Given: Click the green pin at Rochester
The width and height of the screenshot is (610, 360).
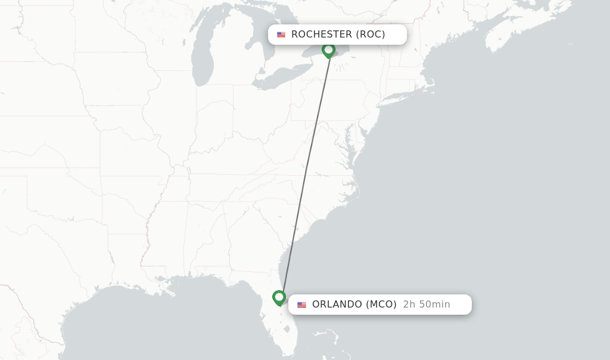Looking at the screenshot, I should click(328, 50).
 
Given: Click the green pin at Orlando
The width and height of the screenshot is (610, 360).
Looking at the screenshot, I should click(279, 297).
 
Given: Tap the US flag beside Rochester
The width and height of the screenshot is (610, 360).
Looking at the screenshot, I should click(281, 35).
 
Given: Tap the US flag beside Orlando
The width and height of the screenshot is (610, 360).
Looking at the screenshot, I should click(301, 305).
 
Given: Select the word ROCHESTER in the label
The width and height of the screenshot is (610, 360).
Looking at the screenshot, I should click(322, 35).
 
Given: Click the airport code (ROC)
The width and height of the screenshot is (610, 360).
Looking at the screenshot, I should click(371, 35).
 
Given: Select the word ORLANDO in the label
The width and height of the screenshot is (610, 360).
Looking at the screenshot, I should click(337, 305).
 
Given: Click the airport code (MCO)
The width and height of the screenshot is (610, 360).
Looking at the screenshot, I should click(381, 305).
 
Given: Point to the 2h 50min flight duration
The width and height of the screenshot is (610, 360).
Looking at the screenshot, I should click(427, 305).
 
